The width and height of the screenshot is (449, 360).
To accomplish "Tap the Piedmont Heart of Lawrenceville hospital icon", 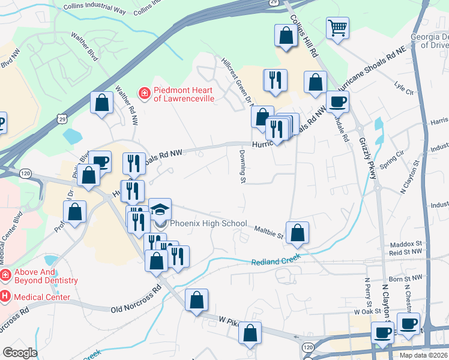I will pos(144,93).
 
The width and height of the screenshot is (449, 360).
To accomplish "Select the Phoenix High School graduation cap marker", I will pos(160,209).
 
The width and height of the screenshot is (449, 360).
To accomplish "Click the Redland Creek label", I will pos(276,261).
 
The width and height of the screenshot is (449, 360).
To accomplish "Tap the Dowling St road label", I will pos(243,166).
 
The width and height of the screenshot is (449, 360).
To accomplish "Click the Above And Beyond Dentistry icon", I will pos(5,275).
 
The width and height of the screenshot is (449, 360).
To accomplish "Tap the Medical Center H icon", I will pos(5,296).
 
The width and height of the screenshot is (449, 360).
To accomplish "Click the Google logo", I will pos(19,352).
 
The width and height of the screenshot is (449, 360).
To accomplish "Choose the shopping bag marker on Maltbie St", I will pos(297,232).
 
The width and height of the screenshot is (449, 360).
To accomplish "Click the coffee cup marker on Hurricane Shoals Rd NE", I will pos(337,101).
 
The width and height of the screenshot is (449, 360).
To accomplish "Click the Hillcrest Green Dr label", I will pos(236,84).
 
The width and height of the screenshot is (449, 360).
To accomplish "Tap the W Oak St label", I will pos(368,312).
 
